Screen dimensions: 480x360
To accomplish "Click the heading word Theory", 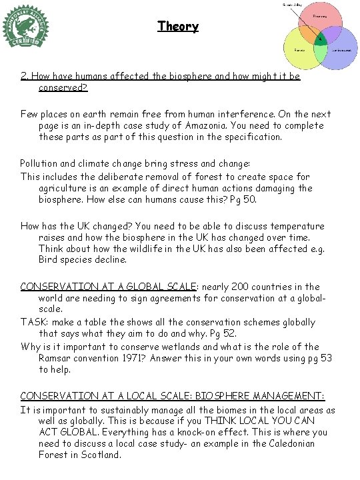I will click(x=178, y=27).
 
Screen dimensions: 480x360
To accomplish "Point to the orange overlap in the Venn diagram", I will click(x=309, y=33).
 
